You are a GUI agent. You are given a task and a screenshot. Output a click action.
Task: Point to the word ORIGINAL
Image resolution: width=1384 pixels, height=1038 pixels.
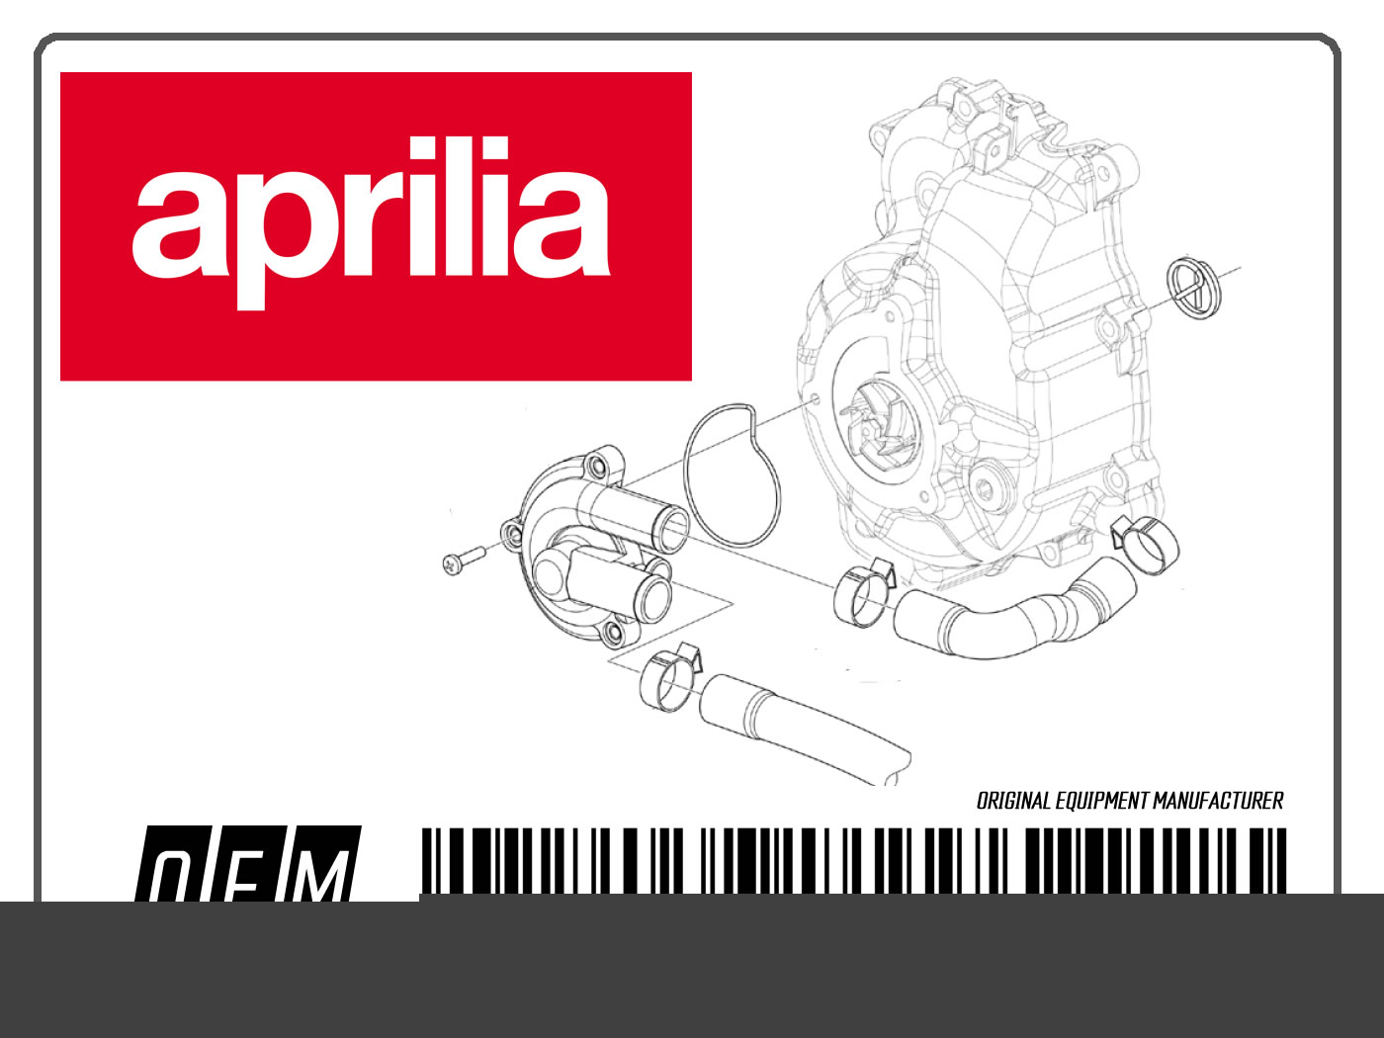(1013, 801)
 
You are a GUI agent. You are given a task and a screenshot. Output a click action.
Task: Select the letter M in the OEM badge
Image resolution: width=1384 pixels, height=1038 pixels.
(319, 875)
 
